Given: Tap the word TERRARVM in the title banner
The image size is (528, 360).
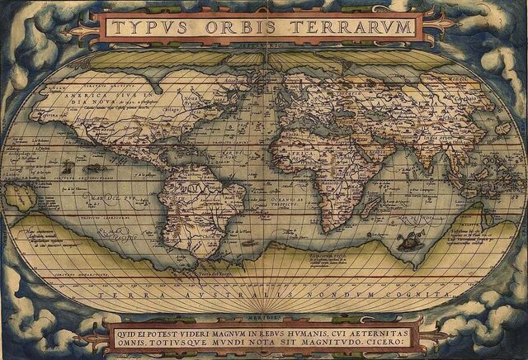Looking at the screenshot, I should (346, 27).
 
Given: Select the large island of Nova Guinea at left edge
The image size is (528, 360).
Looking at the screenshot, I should (21, 197).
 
